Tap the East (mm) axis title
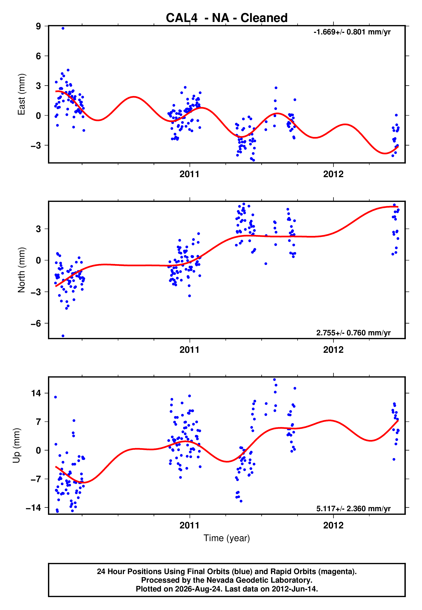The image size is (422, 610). tap(22, 94)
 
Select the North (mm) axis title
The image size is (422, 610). tap(22, 270)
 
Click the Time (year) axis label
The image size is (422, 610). tap(227, 538)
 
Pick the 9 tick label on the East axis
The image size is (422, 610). tap(39, 26)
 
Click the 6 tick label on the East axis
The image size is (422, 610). tap(39, 56)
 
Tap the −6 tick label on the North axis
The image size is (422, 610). tap(36, 324)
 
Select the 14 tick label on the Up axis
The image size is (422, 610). tap(36, 393)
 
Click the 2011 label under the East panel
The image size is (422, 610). tap(189, 174)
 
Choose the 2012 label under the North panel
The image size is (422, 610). tap(333, 350)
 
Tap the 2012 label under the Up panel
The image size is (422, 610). tap(333, 526)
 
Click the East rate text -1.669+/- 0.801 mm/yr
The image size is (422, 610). tap(352, 32)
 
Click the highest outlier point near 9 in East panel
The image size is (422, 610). tap(63, 28)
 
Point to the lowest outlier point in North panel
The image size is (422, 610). tap(63, 336)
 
